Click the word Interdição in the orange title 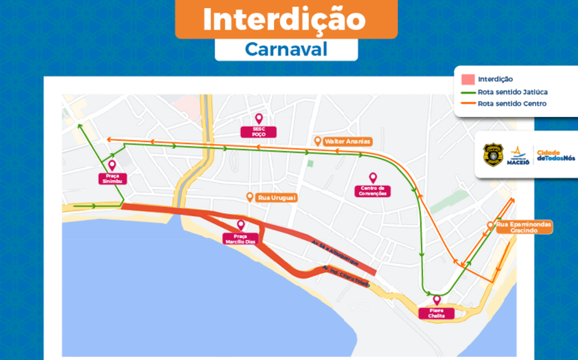286,19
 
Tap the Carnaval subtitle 286,49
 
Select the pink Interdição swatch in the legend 468,79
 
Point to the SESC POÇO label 259,132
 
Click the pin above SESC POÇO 259,118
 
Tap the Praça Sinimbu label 112,178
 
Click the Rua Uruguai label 277,197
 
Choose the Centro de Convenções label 373,190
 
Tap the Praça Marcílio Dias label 240,238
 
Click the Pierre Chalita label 436,313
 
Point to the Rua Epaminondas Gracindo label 523,227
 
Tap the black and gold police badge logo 493,154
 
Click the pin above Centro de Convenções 373,178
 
